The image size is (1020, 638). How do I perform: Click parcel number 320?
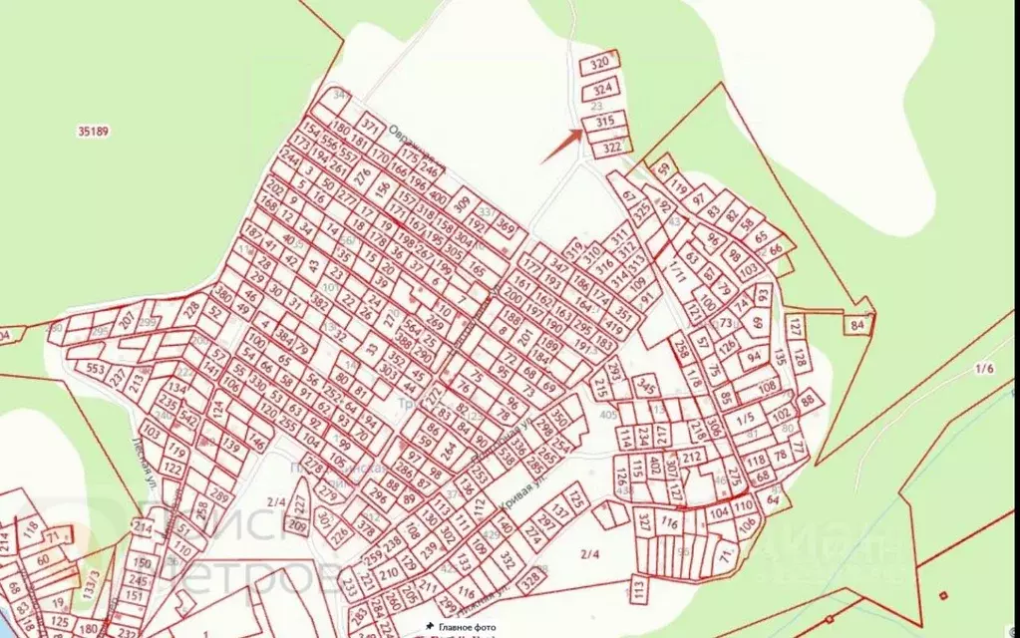599,63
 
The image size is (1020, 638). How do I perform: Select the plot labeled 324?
601,89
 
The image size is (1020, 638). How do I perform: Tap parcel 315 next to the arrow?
604,122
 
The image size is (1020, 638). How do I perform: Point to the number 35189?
93,131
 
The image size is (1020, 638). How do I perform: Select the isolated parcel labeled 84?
858,324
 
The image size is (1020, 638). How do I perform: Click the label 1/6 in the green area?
984,369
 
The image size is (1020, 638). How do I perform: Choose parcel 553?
96,369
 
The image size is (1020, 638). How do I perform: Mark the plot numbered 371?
370,127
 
